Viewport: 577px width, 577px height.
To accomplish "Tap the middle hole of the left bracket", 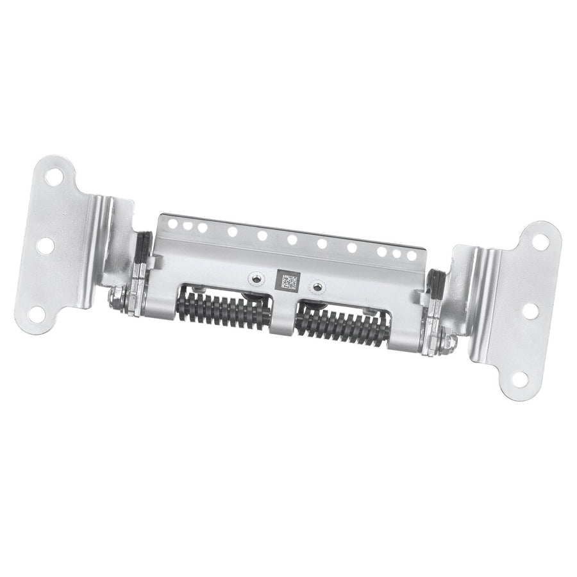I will coord(46,245).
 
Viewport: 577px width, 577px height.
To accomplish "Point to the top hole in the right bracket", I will coord(540,241).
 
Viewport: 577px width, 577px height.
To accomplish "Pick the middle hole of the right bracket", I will coord(530,310).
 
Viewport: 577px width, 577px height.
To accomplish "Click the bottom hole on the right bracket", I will coord(519,379).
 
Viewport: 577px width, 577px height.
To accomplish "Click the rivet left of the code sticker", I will coord(256,278).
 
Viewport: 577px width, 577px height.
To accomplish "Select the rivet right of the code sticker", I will coord(314,283).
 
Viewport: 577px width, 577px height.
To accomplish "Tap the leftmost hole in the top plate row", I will coord(172,222).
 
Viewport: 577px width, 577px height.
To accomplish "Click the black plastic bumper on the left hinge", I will coord(143,247).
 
